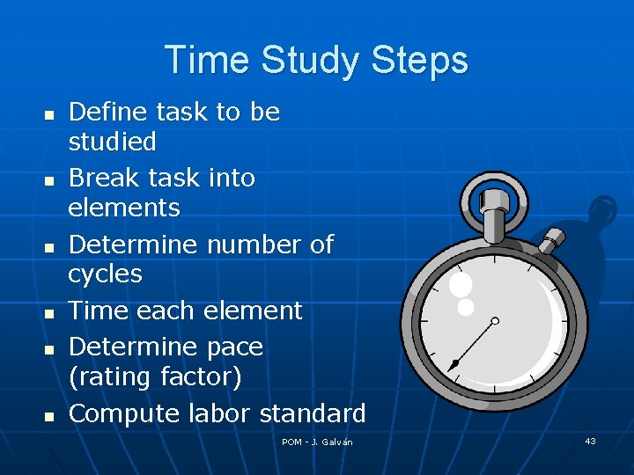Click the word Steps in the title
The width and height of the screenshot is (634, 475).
point(420,61)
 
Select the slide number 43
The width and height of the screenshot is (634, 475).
point(590,441)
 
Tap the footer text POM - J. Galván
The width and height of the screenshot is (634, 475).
point(317,442)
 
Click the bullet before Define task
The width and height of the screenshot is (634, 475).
point(49,115)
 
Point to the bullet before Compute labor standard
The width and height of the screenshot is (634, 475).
point(49,414)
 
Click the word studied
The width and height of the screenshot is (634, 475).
point(112,142)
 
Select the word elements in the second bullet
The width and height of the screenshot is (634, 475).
point(123,208)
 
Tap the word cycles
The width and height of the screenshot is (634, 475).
point(105,274)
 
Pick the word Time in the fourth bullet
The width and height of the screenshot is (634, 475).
point(99,311)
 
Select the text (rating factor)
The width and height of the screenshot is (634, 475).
point(154,376)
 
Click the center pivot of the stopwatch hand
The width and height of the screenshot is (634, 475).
point(495,321)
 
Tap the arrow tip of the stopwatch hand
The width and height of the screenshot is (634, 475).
point(453,365)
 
